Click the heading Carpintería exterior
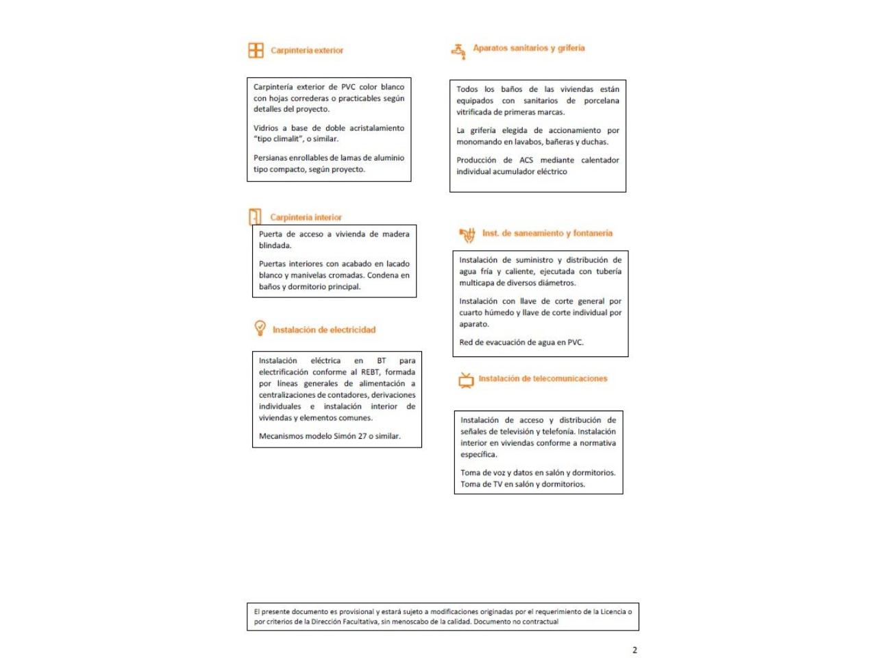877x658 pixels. (x=307, y=50)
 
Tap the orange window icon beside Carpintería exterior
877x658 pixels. (x=256, y=50)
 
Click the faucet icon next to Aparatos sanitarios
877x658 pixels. (x=458, y=50)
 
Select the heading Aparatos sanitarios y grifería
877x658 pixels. (x=528, y=48)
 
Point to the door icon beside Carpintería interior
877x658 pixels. (x=255, y=217)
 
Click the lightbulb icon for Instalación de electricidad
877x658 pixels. (x=260, y=328)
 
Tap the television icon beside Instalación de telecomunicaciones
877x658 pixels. (x=466, y=380)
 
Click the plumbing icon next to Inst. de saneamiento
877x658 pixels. (x=468, y=235)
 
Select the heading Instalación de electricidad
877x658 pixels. (x=324, y=330)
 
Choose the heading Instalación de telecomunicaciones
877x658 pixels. (x=543, y=378)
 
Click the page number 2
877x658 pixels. (x=634, y=650)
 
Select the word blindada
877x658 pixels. (x=275, y=245)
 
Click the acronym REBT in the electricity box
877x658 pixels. (x=370, y=372)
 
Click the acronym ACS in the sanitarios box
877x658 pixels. (x=526, y=160)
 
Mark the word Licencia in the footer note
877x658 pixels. (x=609, y=611)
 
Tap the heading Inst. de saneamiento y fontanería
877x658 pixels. (x=547, y=233)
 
